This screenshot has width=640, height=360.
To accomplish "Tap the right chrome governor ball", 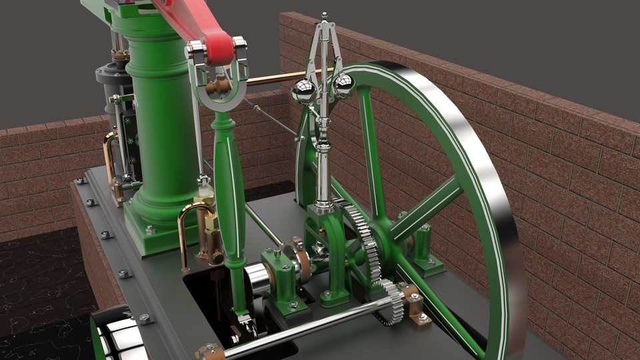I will [x=343, y=85].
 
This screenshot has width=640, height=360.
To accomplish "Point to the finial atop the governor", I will [x=324, y=16].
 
